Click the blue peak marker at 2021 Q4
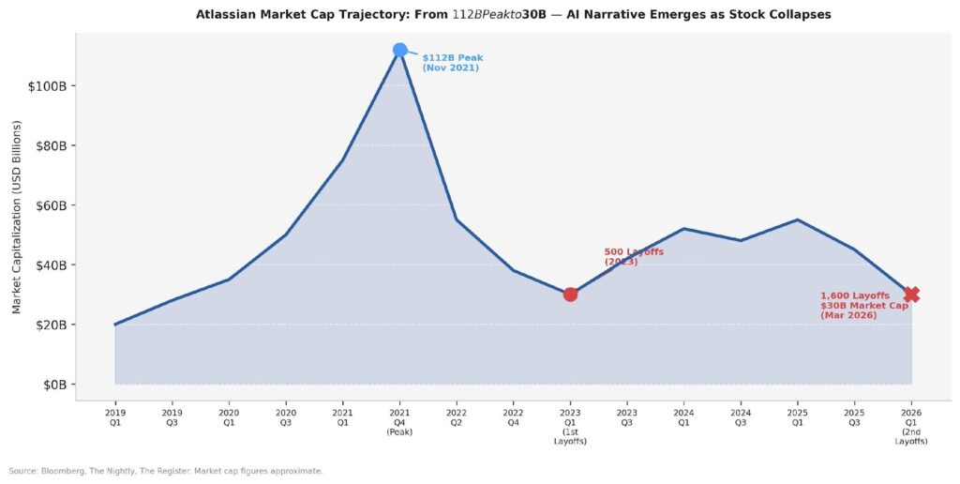coord(399,50)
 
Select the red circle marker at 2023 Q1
coord(570,295)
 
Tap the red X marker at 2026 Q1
coord(911,295)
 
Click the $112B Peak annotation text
coord(453,63)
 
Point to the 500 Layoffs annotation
coord(634,256)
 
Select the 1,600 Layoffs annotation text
coord(863,306)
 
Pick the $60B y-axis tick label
coord(47,205)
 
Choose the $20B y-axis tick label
coord(47,325)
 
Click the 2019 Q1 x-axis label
coord(115,416)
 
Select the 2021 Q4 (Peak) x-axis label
coord(399,421)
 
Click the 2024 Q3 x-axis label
coord(741,416)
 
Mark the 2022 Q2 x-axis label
coord(457,416)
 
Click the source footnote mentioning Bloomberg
coord(165,471)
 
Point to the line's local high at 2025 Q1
coord(797,219)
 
